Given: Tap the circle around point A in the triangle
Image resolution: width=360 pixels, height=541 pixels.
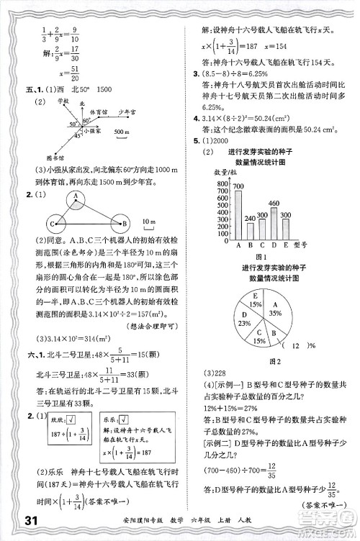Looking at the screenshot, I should pyautogui.click(x=75, y=196).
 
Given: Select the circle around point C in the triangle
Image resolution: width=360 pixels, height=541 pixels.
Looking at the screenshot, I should pyautogui.click(x=51, y=222).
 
